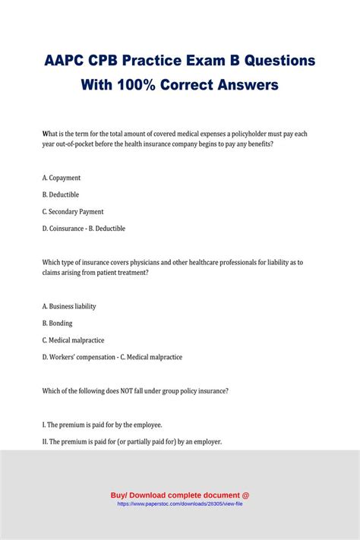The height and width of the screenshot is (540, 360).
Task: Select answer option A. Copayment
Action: point(62,178)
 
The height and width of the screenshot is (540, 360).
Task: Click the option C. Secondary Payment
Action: point(73,211)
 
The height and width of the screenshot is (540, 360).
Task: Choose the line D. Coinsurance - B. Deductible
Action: point(84,228)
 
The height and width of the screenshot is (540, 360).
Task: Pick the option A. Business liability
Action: point(69,306)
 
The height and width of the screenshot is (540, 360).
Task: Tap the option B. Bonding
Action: point(58,323)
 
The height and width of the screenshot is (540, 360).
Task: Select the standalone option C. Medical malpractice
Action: point(74,339)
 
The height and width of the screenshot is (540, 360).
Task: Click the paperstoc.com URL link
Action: point(180,503)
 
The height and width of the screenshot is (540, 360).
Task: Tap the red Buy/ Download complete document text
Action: point(180,494)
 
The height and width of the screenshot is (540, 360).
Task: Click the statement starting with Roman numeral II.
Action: point(132,441)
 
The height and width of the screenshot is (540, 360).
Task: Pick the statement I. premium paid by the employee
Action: point(103,425)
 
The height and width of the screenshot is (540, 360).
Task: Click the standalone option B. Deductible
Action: point(61,194)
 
